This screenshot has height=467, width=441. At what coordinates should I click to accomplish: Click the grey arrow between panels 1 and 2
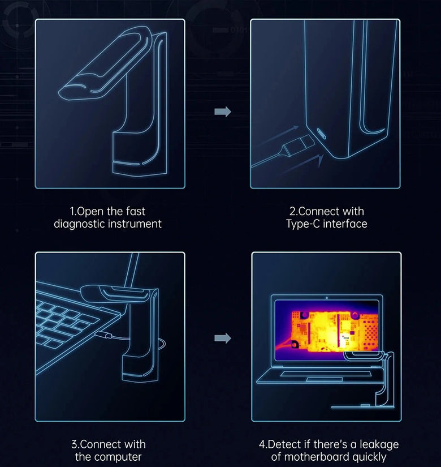[x=223, y=112]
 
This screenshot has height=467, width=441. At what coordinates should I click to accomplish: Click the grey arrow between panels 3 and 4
[x=223, y=338]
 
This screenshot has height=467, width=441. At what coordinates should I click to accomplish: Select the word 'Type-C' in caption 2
[x=303, y=224]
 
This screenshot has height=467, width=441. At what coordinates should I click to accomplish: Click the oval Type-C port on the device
[x=321, y=134]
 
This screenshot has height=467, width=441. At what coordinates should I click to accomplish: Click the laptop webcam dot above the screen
[x=327, y=298]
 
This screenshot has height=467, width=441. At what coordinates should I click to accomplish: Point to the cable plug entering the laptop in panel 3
[x=106, y=335]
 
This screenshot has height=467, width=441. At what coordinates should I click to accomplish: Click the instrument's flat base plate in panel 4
[x=362, y=406]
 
